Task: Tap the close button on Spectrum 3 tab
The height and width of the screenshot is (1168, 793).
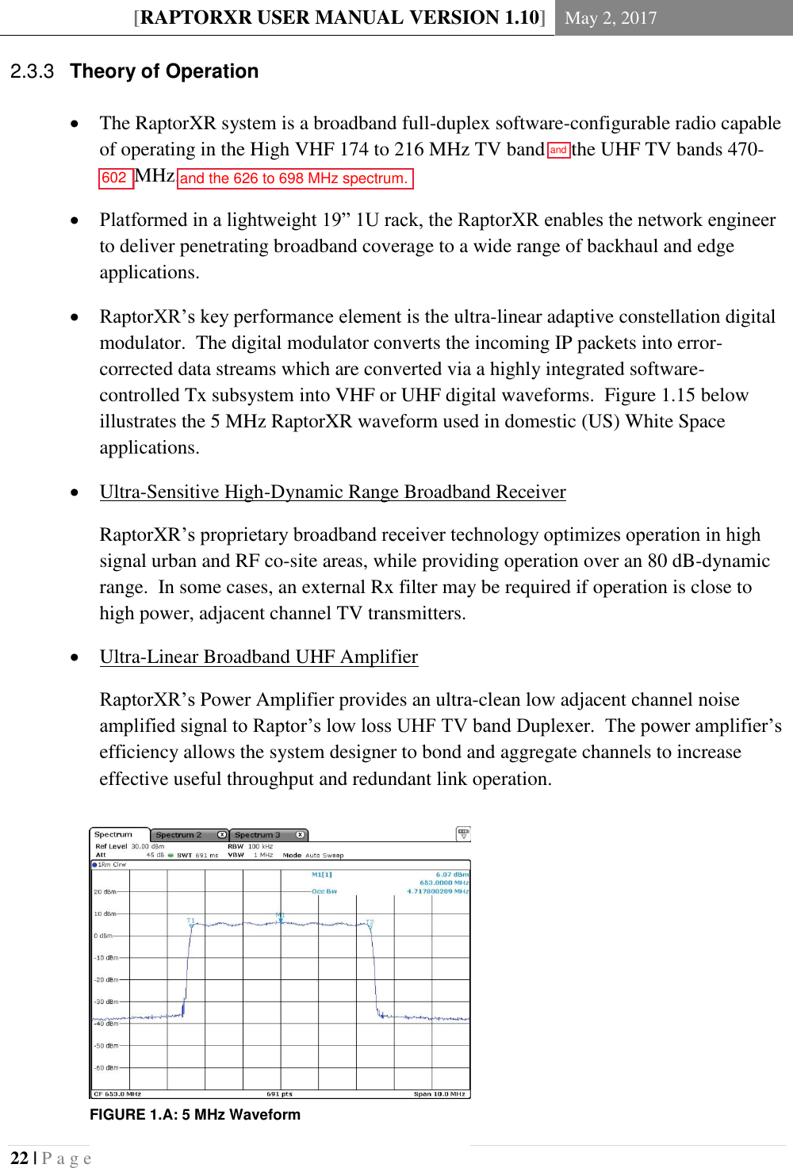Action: coord(300,835)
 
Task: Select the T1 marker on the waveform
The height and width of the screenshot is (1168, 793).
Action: coord(190,921)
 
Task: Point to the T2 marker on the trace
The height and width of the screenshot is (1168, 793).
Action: coord(370,923)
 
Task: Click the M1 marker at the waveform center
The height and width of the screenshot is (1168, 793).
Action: coord(280,917)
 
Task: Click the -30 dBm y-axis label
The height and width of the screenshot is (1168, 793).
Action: coord(105,1001)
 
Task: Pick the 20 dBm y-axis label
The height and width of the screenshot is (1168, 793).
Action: coord(105,892)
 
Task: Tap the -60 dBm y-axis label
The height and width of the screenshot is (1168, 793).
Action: coord(105,1067)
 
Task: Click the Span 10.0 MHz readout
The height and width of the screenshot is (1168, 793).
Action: coord(439,1094)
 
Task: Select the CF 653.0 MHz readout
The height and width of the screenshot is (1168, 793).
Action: coord(117,1094)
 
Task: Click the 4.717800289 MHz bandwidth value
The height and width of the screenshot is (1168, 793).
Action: coord(438,891)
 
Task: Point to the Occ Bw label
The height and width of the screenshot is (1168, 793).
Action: coord(324,891)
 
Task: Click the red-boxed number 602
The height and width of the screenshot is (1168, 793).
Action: coord(114,178)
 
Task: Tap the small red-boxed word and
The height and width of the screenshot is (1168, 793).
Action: coord(558,150)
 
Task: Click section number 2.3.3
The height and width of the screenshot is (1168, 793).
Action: coord(32,71)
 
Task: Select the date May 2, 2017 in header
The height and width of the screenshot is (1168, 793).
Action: coord(611,17)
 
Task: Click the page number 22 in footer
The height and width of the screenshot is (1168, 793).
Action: coord(19,1158)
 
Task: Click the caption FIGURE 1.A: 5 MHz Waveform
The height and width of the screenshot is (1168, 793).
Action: coord(195,1114)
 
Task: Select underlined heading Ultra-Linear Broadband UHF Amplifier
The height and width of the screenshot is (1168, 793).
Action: coord(259,657)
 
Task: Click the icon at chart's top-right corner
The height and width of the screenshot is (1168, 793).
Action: coord(463,834)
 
